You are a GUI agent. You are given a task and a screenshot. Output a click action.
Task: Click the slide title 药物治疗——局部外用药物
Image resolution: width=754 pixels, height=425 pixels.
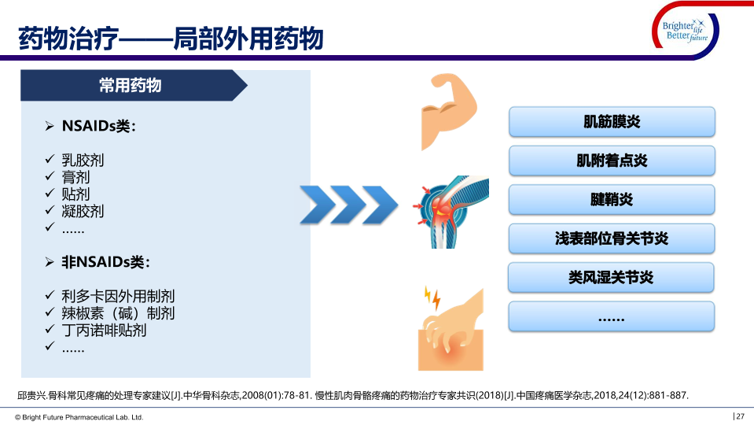(171, 39)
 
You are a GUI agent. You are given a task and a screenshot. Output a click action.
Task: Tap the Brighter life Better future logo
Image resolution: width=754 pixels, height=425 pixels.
(686, 31)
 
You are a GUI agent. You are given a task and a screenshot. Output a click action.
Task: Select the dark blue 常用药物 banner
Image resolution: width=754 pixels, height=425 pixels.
(134, 85)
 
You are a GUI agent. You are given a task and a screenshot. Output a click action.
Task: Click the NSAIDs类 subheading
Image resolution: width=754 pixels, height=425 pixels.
(99, 126)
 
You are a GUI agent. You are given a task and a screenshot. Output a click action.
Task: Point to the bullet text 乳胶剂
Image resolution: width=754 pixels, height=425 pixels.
(83, 160)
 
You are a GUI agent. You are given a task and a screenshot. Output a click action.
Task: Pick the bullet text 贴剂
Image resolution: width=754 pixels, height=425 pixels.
(75, 194)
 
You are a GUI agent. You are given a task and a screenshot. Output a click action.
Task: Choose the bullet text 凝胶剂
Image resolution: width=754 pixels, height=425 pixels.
(83, 211)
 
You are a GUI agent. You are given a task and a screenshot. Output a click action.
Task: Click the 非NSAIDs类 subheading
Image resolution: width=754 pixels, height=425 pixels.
(106, 262)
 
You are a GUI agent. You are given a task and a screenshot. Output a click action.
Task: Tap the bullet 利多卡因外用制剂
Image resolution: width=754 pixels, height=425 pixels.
(118, 296)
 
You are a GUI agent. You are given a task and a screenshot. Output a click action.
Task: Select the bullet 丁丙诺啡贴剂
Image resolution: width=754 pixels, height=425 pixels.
(104, 331)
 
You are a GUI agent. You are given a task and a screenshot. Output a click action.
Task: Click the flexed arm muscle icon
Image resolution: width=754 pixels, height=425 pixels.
(448, 111)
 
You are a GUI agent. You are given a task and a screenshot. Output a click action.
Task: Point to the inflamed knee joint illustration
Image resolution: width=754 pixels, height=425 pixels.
(451, 213)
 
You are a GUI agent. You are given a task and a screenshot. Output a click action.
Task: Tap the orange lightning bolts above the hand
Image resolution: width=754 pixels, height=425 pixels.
(432, 298)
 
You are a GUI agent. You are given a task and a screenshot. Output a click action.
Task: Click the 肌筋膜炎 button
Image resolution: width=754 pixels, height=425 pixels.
(612, 122)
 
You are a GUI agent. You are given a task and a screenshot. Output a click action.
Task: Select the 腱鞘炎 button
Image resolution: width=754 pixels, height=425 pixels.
(612, 199)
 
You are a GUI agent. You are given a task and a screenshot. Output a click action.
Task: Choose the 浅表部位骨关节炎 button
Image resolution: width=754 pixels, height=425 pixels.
(612, 238)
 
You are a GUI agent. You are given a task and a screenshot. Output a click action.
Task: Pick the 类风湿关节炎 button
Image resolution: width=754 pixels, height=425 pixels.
(611, 277)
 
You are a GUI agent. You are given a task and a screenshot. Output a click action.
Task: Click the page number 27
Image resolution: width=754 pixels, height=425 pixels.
(740, 416)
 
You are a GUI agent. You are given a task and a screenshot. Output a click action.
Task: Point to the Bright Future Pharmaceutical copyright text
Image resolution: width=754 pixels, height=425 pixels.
(79, 417)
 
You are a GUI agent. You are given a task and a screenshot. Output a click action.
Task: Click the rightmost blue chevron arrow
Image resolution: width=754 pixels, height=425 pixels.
(380, 205)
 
